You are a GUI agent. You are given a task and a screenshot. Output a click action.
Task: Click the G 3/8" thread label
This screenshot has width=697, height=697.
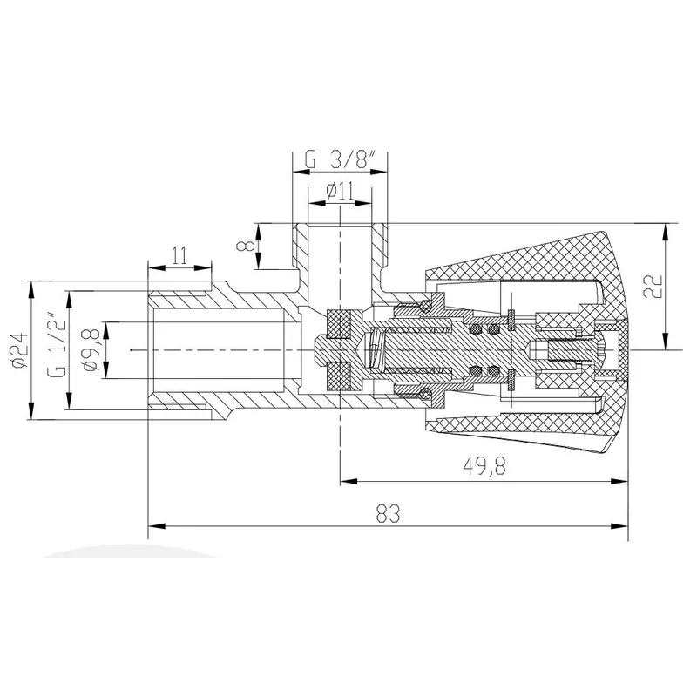(x=341, y=159)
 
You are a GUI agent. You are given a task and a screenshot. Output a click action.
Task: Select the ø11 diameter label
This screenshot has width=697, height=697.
(x=340, y=191)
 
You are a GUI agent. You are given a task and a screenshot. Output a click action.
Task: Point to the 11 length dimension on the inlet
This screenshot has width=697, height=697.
(x=180, y=256)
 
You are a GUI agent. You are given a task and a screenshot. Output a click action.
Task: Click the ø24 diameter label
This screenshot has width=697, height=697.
(x=20, y=350)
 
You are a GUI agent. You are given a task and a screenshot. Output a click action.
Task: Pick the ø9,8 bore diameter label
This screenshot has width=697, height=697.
(x=91, y=350)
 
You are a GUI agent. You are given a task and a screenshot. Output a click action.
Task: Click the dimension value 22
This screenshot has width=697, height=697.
(x=653, y=287)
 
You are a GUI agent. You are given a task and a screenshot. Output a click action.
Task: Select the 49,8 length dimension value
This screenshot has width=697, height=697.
(x=484, y=466)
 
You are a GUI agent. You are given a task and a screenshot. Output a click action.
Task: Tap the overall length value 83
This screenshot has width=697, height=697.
(x=388, y=513)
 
